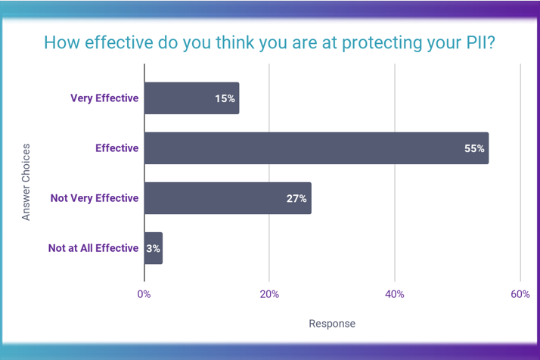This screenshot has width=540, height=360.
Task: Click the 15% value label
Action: tap(225, 98)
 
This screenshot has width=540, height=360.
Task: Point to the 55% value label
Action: tap(474, 148)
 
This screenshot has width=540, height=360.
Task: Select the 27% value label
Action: tap(296, 198)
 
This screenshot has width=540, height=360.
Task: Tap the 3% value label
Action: tap(153, 248)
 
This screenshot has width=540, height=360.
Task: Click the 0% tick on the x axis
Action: tap(144, 293)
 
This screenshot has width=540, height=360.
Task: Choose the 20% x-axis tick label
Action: tap(269, 293)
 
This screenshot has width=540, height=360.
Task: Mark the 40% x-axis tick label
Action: tap(395, 293)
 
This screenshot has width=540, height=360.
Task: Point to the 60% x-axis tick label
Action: tap(520, 293)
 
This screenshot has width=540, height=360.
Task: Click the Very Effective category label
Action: tap(104, 98)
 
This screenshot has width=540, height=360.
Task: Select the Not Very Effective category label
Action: tap(95, 198)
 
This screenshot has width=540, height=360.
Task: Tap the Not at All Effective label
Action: tap(93, 248)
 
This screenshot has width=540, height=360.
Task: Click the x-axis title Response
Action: tap(332, 324)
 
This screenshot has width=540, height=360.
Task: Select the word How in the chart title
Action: tap(60, 42)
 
